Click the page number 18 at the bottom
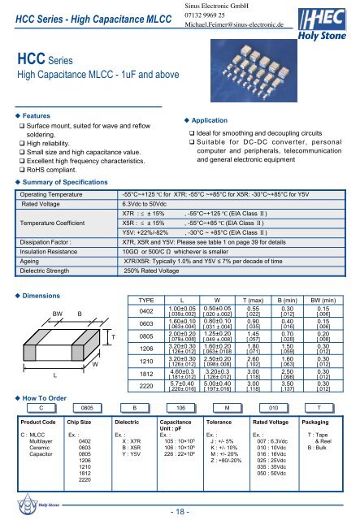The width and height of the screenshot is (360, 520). click(x=180, y=511)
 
